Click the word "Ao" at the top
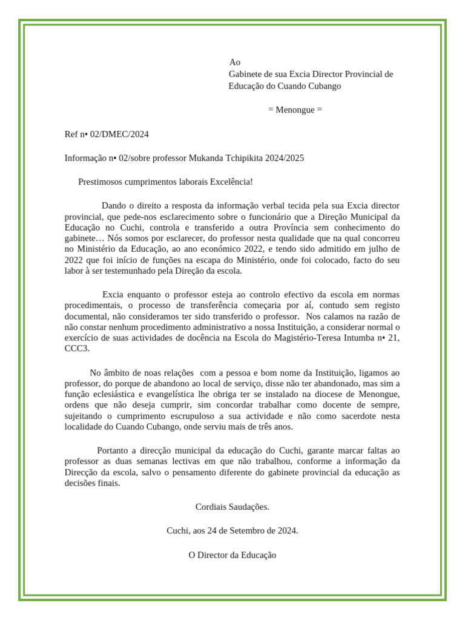click(235, 62)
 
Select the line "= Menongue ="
click(295, 110)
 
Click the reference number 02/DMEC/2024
click(119, 134)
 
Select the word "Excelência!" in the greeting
click(231, 182)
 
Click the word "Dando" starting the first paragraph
click(114, 206)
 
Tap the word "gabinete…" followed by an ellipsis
click(84, 238)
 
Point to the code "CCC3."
click(77, 349)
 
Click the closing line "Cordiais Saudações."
click(232, 506)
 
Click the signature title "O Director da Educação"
click(232, 555)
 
